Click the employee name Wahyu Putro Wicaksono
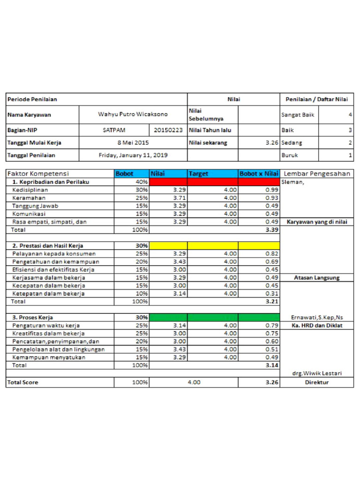coord(133,114)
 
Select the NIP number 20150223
coord(168,130)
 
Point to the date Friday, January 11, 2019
coord(133,155)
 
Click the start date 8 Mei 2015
coord(133,142)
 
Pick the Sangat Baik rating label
coord(298,114)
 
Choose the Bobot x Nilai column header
coord(259,174)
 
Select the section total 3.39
coord(272,230)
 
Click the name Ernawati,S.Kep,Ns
coord(317,318)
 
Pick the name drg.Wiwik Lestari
coord(317,373)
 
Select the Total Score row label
coord(23,382)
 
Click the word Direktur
coord(317,382)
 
